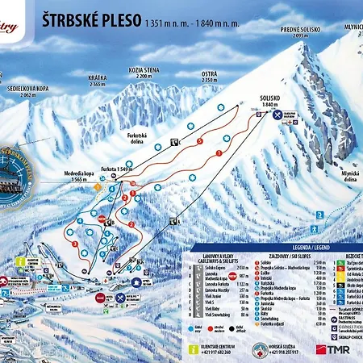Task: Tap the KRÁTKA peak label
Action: point(98,81)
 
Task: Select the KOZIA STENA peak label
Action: point(144,72)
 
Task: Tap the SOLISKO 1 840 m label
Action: point(269,102)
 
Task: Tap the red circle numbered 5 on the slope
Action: point(199,140)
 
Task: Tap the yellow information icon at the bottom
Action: point(193,348)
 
